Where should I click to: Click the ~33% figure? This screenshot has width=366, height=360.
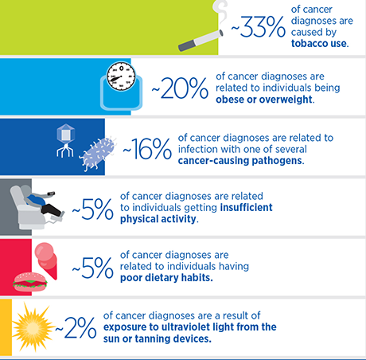258,27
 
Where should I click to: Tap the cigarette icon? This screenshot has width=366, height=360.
201,41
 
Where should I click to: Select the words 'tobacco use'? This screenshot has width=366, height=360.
319,44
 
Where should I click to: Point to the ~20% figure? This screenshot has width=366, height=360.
180,88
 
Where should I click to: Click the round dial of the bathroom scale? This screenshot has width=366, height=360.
121,76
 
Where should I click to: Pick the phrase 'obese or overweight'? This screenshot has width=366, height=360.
264,100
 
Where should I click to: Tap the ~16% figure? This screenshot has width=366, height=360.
147,149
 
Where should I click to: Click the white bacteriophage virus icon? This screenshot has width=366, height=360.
65,141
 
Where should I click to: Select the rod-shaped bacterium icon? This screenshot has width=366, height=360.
97,154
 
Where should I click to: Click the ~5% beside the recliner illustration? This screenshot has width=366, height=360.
93,209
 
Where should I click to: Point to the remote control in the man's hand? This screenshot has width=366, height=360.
51,194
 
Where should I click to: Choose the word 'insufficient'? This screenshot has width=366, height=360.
246,207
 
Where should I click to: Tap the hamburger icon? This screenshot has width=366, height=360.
30,281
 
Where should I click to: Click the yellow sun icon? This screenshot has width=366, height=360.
33,327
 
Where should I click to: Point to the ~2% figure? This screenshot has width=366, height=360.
76,328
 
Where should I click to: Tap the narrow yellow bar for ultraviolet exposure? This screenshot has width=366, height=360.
6,327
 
